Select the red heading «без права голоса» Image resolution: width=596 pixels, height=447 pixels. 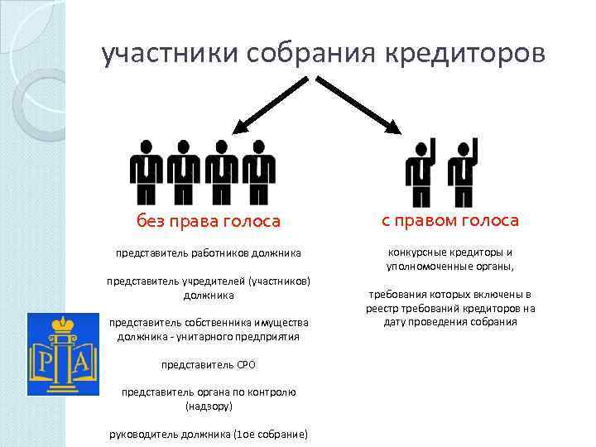click(209, 221)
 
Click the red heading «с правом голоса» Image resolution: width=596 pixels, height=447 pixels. click(450, 220)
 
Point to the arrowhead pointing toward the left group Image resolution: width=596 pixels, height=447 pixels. click(242, 126)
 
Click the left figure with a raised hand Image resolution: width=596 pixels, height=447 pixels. click(420, 172)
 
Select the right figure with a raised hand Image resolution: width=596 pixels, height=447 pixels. click(461, 172)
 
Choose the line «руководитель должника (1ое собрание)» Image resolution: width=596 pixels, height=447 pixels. click(209, 435)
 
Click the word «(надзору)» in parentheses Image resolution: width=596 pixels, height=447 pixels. click(209, 406)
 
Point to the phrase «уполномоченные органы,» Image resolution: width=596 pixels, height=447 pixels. click(450, 267)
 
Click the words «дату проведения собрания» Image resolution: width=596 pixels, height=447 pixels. click(450, 322)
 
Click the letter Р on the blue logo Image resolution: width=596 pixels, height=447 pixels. click(43, 362)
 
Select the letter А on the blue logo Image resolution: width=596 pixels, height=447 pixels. click(84, 362)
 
